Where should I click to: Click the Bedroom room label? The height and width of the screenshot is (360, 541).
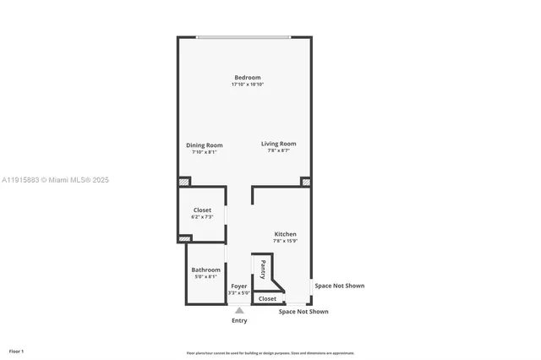(x=248, y=78)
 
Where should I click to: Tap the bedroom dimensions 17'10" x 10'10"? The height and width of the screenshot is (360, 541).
(x=248, y=85)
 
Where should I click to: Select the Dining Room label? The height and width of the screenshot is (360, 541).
(x=204, y=145)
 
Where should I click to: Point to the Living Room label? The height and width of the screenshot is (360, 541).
(x=278, y=144)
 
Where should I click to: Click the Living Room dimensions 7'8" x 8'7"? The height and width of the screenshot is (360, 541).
(x=278, y=150)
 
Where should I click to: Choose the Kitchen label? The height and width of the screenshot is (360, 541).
(x=285, y=234)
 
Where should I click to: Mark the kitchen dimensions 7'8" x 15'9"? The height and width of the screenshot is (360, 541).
(x=285, y=241)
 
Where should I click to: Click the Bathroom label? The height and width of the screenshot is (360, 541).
(x=205, y=270)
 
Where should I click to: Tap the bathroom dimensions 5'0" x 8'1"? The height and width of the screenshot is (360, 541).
(x=205, y=276)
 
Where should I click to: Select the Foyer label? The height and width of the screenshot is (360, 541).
(x=239, y=286)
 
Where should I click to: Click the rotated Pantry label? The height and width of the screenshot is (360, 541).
(x=263, y=270)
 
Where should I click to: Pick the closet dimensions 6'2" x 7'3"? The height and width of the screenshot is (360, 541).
(x=202, y=217)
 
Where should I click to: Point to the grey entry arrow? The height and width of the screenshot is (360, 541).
(x=239, y=311)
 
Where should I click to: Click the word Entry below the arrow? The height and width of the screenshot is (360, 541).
(x=239, y=321)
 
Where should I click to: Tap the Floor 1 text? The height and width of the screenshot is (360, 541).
(x=16, y=351)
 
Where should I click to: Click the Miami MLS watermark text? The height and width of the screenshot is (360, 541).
(x=55, y=180)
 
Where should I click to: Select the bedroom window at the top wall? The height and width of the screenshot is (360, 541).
(x=243, y=37)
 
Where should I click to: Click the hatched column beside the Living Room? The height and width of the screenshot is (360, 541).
(x=306, y=182)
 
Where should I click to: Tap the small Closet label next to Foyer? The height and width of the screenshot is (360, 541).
(x=267, y=298)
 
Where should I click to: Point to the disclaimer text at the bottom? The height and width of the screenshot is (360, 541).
(x=270, y=353)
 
